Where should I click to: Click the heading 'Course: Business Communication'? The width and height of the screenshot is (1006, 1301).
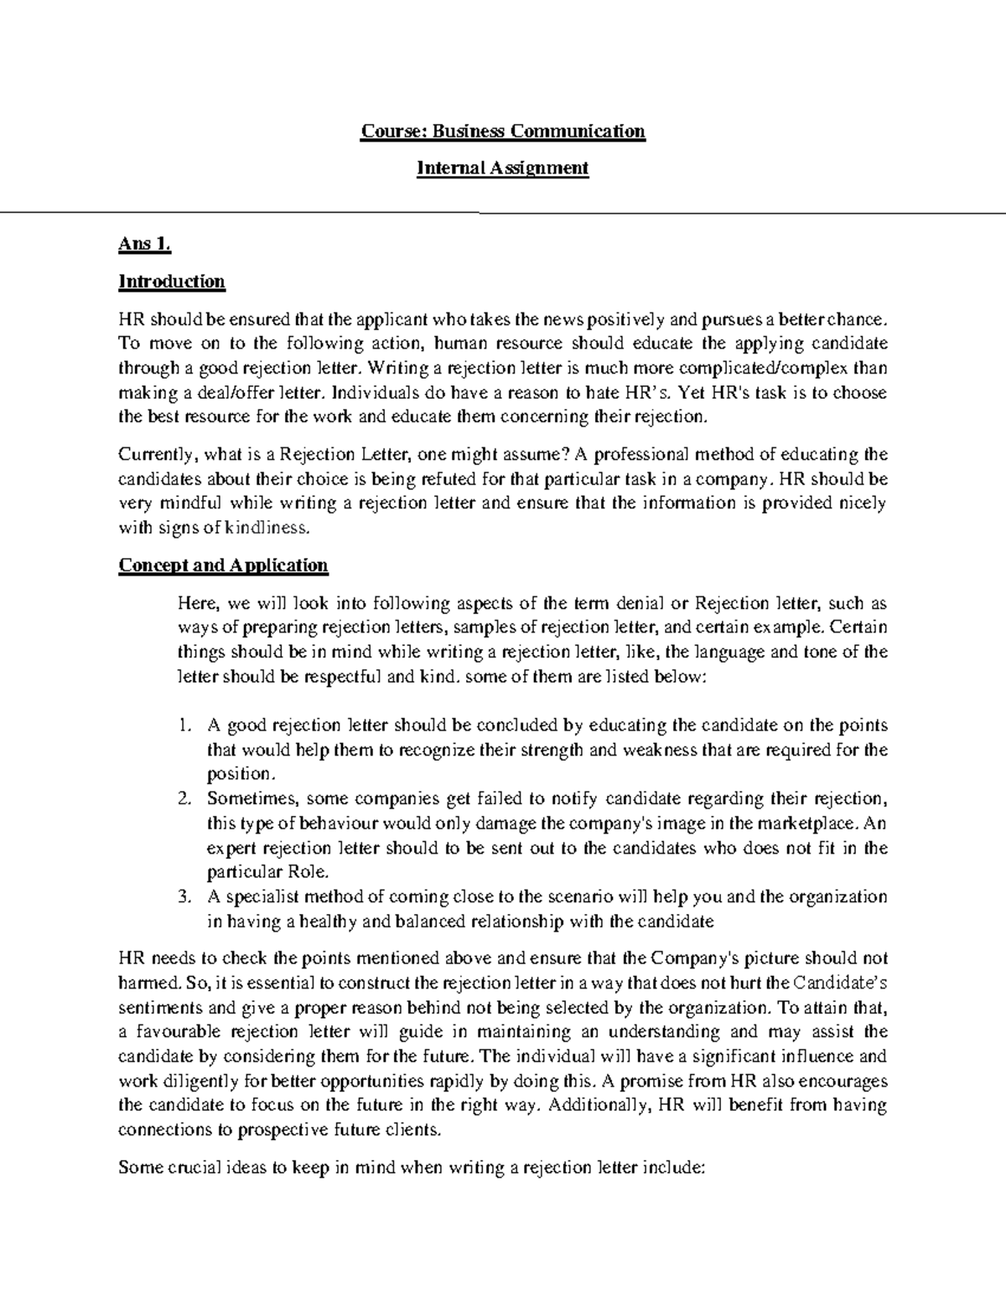point(503,132)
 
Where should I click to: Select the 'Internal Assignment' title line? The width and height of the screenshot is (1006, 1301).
point(503,168)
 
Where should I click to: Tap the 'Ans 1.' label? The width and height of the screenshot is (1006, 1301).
point(145,245)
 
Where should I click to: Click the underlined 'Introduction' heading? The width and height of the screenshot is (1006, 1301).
point(172,281)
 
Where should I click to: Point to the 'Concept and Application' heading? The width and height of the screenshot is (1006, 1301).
point(223,565)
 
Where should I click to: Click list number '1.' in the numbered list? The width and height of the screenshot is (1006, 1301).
point(185,725)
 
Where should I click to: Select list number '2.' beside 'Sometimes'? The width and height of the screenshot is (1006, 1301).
point(185,799)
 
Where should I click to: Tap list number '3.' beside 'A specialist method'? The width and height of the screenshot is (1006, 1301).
point(185,897)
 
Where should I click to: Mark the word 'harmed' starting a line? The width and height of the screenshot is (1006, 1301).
point(145,983)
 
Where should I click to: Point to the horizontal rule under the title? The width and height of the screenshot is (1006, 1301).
point(503,214)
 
